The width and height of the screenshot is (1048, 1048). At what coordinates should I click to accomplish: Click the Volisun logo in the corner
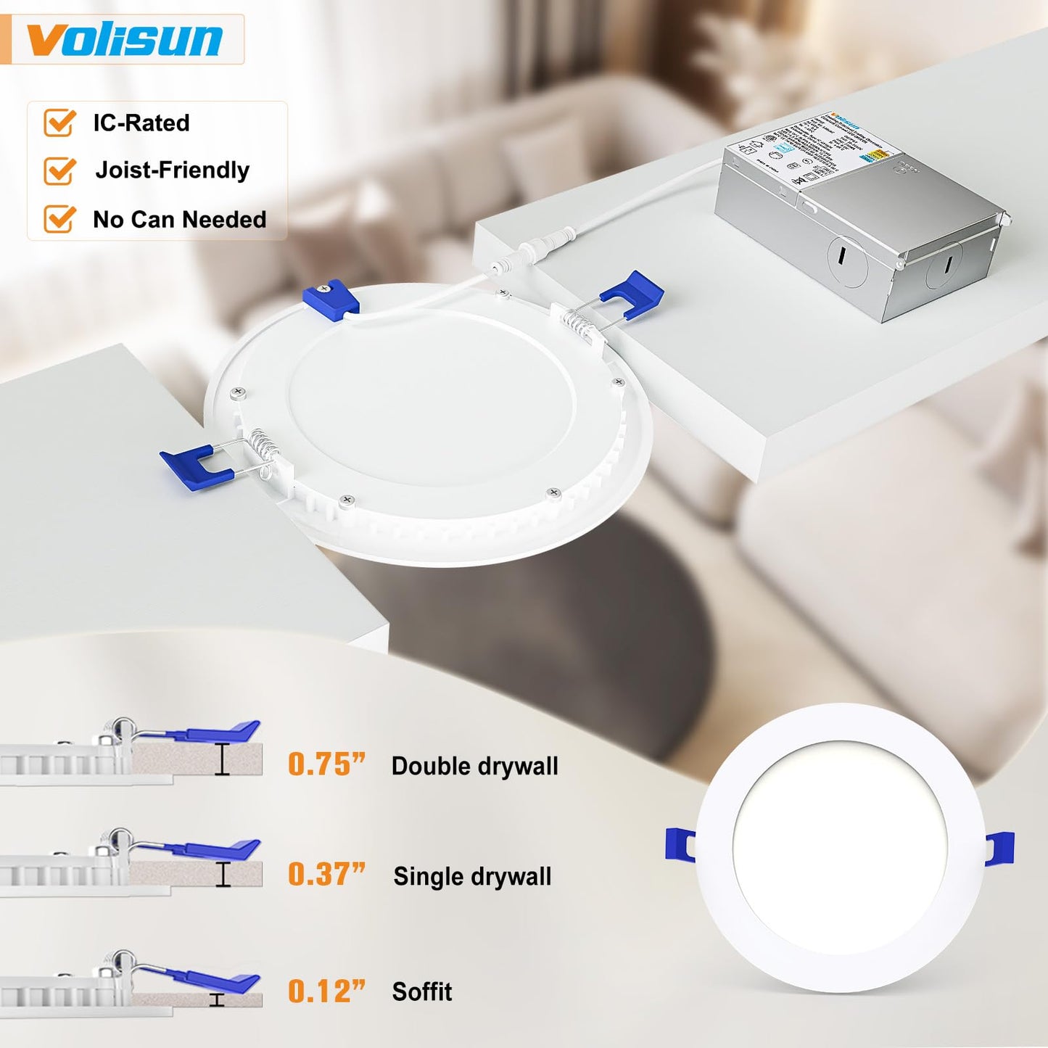point(124,39)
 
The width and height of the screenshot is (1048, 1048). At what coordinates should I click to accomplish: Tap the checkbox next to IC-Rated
point(59,123)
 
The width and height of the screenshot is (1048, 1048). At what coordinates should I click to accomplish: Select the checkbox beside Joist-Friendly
point(59,170)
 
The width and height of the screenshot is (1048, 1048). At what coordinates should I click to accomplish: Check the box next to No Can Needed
point(59,218)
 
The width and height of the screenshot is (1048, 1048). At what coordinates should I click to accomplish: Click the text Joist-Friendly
point(173,170)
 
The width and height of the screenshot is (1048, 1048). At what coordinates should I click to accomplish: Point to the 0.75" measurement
point(326,764)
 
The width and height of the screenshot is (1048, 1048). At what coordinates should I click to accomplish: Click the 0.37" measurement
point(326,875)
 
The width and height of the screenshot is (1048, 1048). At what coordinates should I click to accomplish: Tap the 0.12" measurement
point(326,991)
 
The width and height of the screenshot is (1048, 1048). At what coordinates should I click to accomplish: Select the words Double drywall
point(474,766)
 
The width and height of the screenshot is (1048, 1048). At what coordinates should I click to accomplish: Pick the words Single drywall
point(472,876)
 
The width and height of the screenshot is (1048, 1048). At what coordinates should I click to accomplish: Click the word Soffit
point(421,991)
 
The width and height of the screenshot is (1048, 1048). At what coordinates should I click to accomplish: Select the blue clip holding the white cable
point(331,297)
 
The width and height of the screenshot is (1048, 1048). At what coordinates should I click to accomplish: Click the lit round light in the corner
point(840,847)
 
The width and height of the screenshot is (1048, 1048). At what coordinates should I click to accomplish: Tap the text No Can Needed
point(179,219)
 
